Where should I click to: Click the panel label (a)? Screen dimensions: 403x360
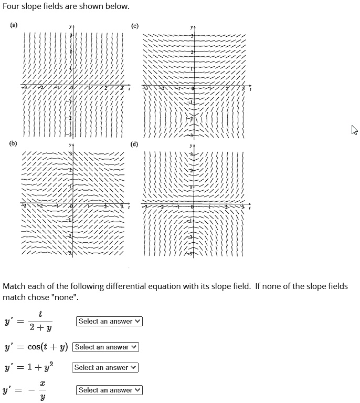[13, 24]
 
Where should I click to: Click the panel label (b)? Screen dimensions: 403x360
[13, 143]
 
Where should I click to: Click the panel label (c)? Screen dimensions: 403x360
[135, 24]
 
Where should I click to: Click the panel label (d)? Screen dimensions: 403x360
[135, 143]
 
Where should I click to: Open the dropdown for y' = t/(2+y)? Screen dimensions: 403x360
[110, 321]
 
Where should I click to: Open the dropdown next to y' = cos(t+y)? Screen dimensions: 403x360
[105, 347]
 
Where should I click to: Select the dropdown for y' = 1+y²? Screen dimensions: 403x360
[105, 368]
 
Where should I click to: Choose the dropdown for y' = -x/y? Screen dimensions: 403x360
[110, 390]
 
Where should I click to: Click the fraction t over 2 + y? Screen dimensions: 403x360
[40, 321]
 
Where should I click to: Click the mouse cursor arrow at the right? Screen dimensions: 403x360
[355, 130]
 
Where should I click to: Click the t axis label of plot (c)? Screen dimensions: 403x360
[250, 90]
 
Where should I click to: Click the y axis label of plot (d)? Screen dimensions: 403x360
[193, 144]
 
